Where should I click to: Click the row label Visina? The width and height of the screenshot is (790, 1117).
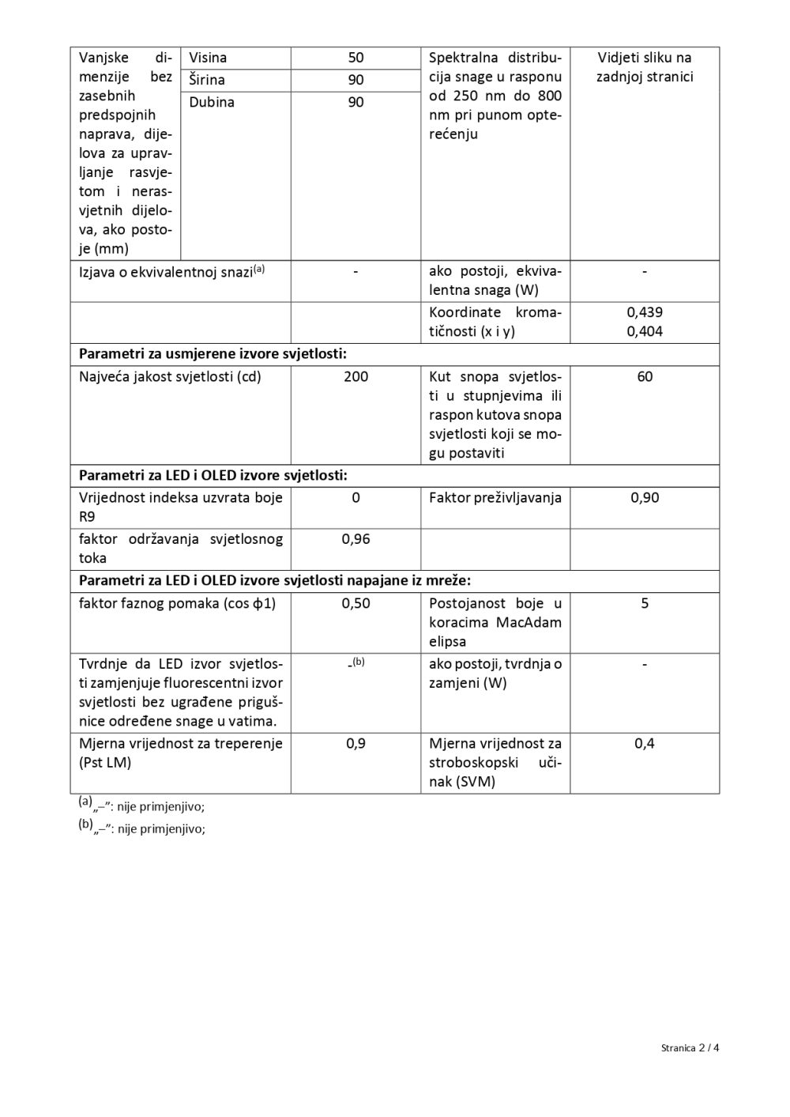208,58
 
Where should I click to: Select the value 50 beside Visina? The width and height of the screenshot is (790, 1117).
355,58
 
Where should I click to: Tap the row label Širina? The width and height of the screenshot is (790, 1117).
207,80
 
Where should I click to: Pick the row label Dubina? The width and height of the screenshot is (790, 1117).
212,102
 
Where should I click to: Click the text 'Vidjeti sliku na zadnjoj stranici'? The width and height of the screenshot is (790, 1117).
645,67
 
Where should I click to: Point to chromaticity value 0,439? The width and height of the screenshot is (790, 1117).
645,312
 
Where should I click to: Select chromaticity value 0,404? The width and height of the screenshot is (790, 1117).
645,331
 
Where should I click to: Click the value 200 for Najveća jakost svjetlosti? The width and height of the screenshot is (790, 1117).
355,376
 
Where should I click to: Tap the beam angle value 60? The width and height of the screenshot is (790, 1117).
645,376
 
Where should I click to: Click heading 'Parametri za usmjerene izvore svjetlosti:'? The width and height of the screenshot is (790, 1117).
213,353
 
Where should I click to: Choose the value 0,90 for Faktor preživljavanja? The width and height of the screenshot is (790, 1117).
645,497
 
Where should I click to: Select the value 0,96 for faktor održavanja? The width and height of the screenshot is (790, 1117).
355,539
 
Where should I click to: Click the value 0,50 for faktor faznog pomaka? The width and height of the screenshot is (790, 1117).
355,603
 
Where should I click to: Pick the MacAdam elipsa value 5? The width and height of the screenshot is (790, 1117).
645,603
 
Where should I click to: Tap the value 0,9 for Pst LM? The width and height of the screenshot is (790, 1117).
355,743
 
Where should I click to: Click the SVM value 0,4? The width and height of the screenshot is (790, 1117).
645,743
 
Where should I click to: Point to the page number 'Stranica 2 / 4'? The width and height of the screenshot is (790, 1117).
690,1047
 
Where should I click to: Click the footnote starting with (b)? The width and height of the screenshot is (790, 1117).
141,828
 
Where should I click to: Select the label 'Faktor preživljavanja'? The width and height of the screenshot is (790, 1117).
495,497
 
